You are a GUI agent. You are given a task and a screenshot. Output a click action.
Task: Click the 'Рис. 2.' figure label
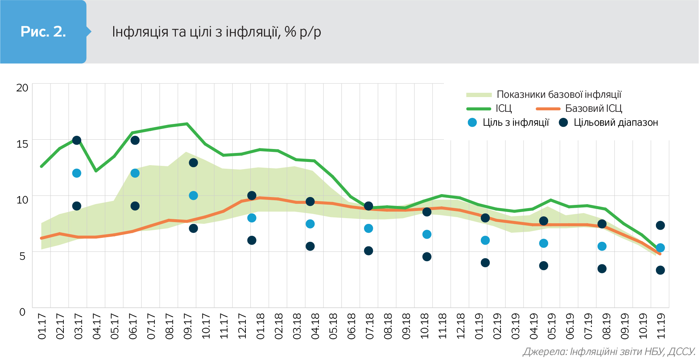click(x=43, y=32)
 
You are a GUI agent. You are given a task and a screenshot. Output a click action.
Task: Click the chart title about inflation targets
click(x=216, y=32)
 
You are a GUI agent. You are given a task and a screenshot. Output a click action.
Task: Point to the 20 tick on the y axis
click(x=22, y=88)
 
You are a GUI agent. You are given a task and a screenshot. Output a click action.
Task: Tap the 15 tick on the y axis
click(x=22, y=144)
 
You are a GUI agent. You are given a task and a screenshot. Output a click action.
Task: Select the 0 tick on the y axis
click(x=22, y=312)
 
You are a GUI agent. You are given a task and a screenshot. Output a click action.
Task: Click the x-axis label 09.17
click(x=188, y=326)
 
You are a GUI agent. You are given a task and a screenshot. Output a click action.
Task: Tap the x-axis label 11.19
click(x=661, y=326)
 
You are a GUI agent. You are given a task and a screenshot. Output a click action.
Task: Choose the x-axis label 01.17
click(x=42, y=326)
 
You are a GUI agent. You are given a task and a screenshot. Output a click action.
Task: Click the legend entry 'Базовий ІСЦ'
click(x=593, y=109)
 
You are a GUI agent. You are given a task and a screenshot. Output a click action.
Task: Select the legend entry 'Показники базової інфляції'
click(x=559, y=95)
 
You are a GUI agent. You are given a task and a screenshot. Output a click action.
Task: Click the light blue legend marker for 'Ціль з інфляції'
click(x=472, y=123)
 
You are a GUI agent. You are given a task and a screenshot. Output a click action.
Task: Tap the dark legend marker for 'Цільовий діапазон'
click(x=563, y=123)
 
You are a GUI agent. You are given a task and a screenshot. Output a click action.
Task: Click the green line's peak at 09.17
click(x=187, y=124)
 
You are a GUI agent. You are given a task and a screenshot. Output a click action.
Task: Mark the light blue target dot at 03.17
click(x=77, y=173)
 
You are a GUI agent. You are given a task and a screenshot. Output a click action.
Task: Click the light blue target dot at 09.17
click(x=193, y=196)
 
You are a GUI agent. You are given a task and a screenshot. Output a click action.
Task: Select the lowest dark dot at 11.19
click(x=660, y=270)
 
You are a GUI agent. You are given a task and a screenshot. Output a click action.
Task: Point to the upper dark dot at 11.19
click(x=660, y=225)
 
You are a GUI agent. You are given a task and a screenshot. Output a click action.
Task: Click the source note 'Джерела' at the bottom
click(x=609, y=352)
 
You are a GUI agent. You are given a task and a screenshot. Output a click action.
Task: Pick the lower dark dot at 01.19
click(x=485, y=263)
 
